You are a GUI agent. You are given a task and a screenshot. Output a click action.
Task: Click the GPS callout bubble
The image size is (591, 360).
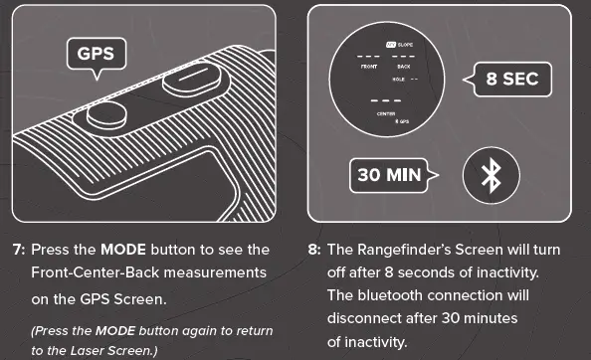point(97,54)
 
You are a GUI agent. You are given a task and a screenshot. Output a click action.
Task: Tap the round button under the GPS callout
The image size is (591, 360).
point(105,115)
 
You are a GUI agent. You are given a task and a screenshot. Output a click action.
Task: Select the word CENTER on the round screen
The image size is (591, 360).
point(386,113)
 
